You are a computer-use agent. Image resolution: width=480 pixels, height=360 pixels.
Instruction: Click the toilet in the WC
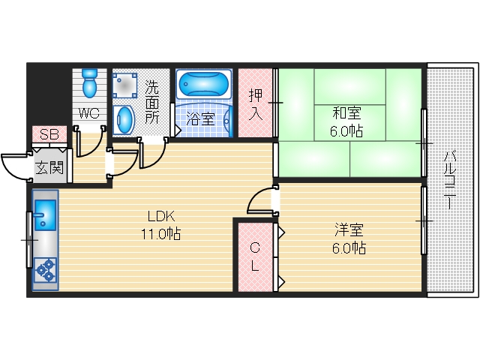pyautogui.click(x=90, y=83)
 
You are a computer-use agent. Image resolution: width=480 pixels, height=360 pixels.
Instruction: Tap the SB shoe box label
pyautogui.click(x=49, y=135)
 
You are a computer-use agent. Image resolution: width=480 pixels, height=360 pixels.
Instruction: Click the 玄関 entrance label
pyautogui.click(x=49, y=166)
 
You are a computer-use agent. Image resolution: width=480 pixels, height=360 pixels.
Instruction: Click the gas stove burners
pyautogui.click(x=45, y=270)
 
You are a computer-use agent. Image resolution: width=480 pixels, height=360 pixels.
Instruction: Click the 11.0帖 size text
pyautogui.click(x=162, y=233)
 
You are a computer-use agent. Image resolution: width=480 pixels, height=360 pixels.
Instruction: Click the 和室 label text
pyautogui.click(x=346, y=114)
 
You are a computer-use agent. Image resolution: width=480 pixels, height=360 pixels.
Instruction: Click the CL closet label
pyautogui.click(x=255, y=256)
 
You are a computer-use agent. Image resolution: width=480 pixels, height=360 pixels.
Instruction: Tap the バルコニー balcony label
pyautogui.click(x=450, y=180)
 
